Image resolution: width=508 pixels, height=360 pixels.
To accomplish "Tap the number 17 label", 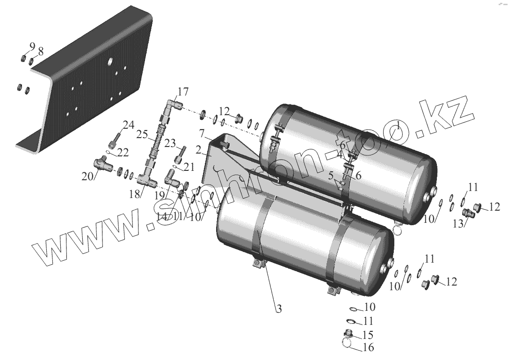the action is point(182,90).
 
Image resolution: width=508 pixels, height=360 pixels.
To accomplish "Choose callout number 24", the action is point(129,125).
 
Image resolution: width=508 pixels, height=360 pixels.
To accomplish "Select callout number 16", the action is point(369,347).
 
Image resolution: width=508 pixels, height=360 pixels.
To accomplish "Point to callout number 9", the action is point(32,46).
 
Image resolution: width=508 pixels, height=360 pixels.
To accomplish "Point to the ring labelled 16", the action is point(347,343).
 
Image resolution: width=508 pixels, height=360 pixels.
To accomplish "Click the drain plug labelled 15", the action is point(348,334).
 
